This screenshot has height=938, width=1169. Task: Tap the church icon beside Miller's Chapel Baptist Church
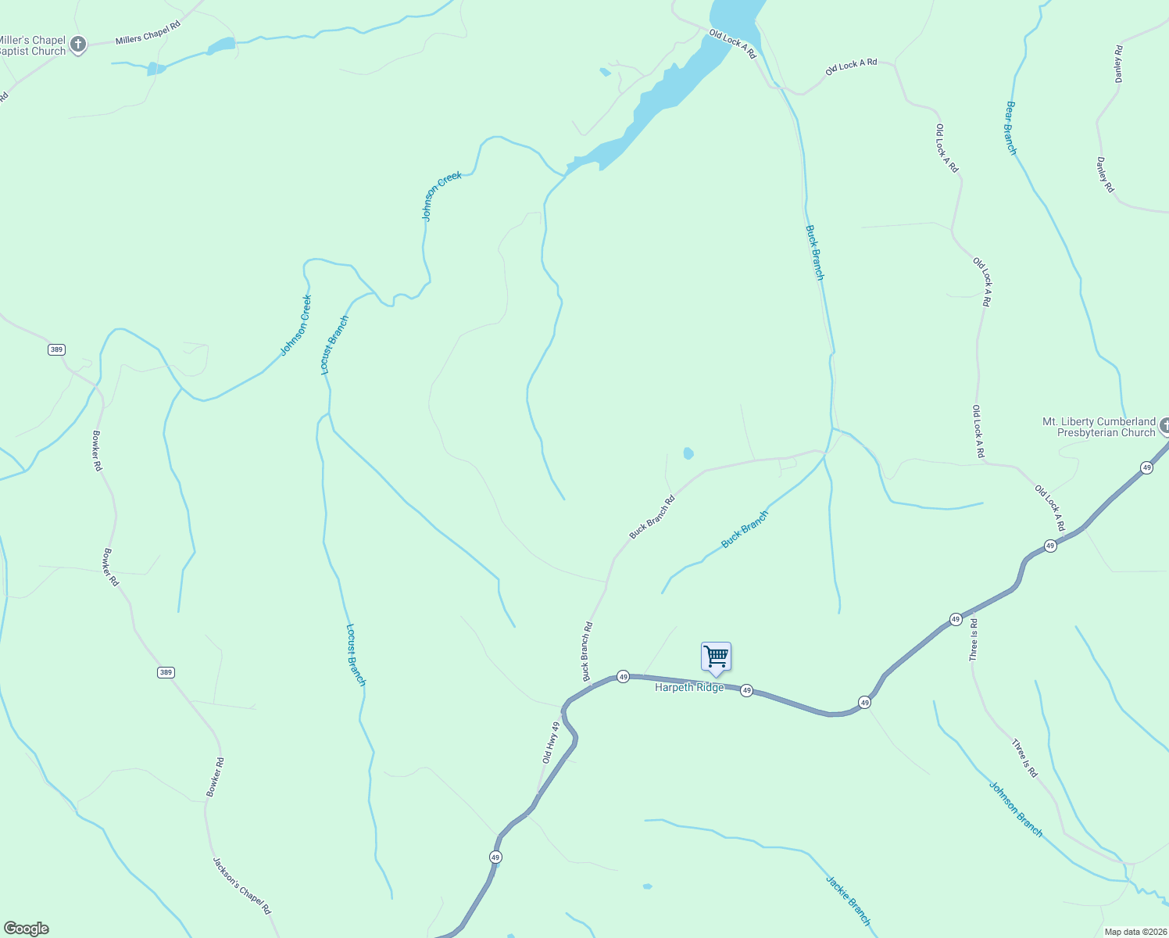(x=77, y=45)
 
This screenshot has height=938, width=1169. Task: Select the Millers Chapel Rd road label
(x=148, y=32)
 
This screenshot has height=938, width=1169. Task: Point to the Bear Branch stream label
(x=1011, y=127)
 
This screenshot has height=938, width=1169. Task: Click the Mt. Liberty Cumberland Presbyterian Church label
(x=1099, y=427)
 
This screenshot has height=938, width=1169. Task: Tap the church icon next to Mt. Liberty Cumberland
(x=1164, y=426)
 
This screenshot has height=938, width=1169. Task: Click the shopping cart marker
(x=716, y=657)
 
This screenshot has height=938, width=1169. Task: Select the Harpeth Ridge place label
(x=689, y=687)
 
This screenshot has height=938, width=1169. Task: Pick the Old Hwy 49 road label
(x=552, y=742)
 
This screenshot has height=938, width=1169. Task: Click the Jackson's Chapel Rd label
(x=241, y=886)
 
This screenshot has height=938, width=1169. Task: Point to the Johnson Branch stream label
(x=1016, y=809)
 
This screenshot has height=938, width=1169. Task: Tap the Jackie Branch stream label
(x=848, y=900)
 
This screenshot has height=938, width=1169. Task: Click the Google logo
(x=27, y=928)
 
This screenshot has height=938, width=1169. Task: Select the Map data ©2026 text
(x=1135, y=932)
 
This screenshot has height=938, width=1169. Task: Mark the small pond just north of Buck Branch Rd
(x=688, y=453)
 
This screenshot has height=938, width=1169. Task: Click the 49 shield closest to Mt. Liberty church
(x=1146, y=467)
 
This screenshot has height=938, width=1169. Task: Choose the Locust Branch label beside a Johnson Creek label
(x=334, y=345)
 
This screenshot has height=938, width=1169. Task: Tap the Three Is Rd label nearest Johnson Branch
(x=1024, y=757)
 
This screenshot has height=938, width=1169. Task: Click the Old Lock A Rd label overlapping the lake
(x=733, y=45)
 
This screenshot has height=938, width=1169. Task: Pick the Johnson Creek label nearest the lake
(x=442, y=196)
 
